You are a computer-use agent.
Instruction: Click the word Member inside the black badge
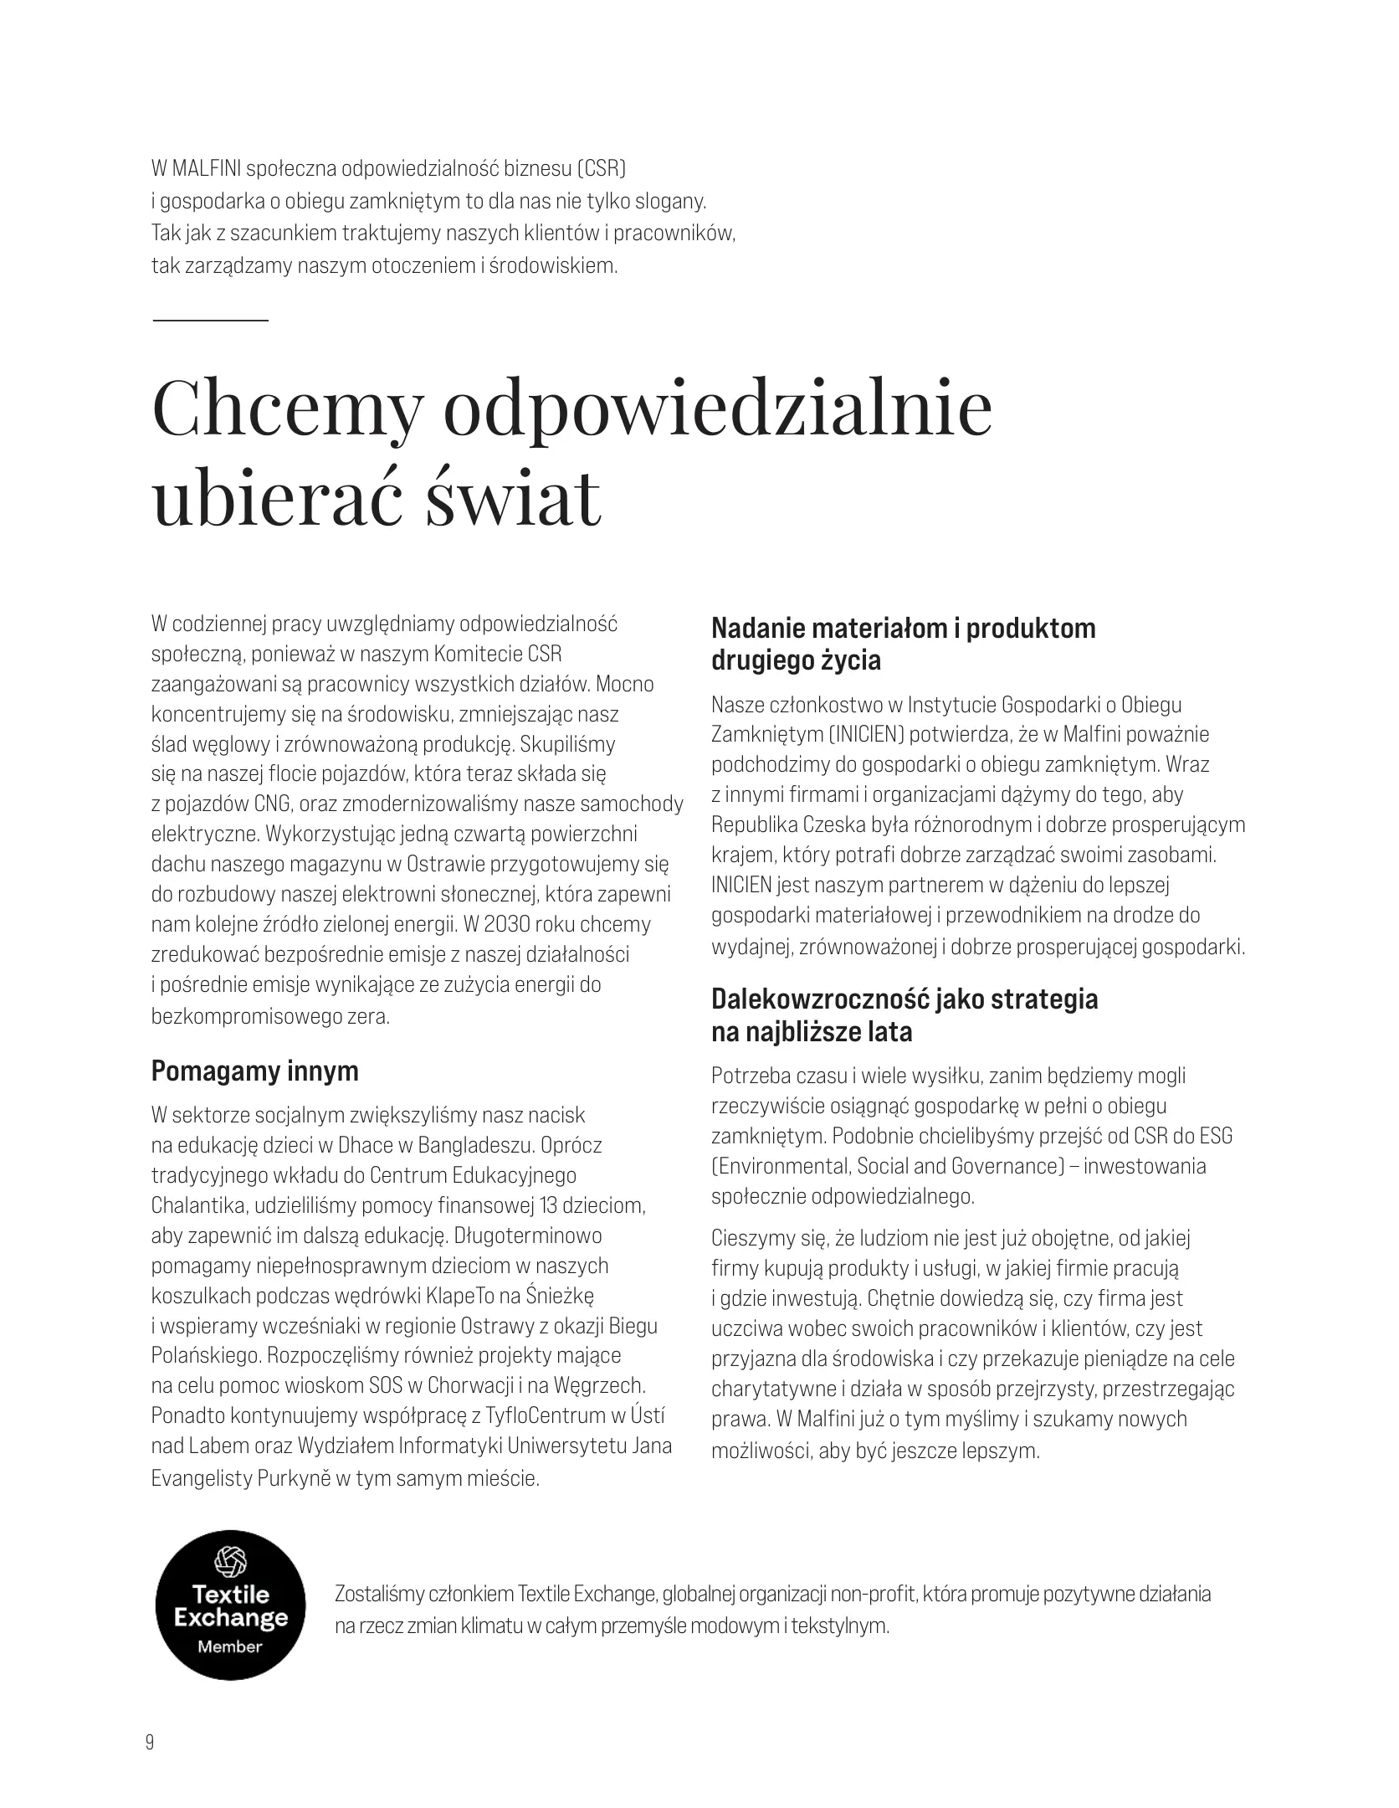[x=230, y=1646]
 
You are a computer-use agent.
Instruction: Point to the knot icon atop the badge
[x=230, y=1559]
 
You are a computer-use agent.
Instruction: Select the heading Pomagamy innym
[x=254, y=1071]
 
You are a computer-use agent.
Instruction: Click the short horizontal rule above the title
[x=210, y=320]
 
